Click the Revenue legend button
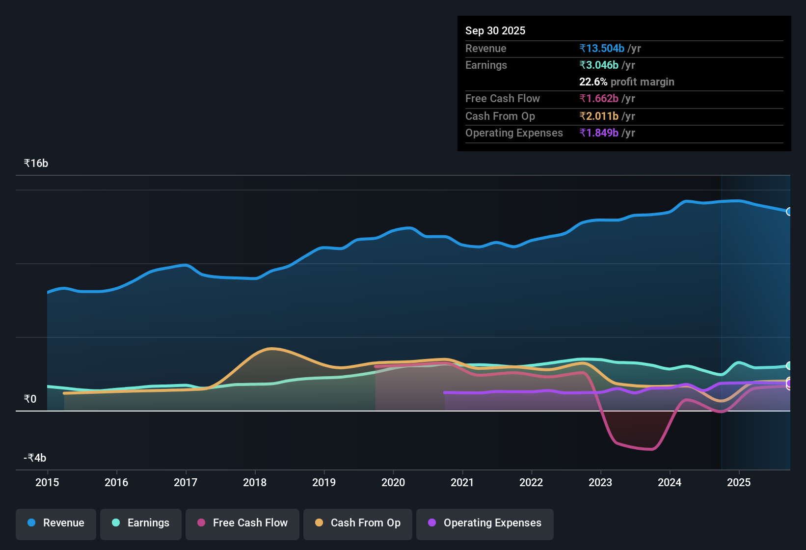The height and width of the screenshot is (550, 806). coord(56,523)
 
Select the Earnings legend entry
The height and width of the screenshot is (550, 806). coord(141,523)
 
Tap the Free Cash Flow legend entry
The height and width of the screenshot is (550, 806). coord(242,523)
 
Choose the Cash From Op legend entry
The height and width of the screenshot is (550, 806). coord(358,523)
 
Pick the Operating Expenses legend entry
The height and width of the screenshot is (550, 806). coord(485,523)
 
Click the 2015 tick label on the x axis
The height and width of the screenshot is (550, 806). coord(47,482)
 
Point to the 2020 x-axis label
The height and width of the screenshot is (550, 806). coord(393,482)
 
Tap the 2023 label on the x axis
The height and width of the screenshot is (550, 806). coord(600,482)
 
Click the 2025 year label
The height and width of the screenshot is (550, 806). coord(739,482)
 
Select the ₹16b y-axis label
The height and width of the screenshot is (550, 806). coord(36,164)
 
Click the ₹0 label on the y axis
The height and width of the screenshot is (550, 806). coord(30,399)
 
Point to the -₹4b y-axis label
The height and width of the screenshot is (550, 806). coord(35,458)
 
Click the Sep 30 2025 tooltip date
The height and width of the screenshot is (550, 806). coord(495,30)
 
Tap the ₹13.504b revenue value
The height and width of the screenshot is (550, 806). coord(602,48)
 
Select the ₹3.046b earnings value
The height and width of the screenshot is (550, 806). coord(599,65)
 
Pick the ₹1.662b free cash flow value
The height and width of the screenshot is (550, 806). coord(599,98)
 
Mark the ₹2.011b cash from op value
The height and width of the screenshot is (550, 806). coord(599,116)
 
